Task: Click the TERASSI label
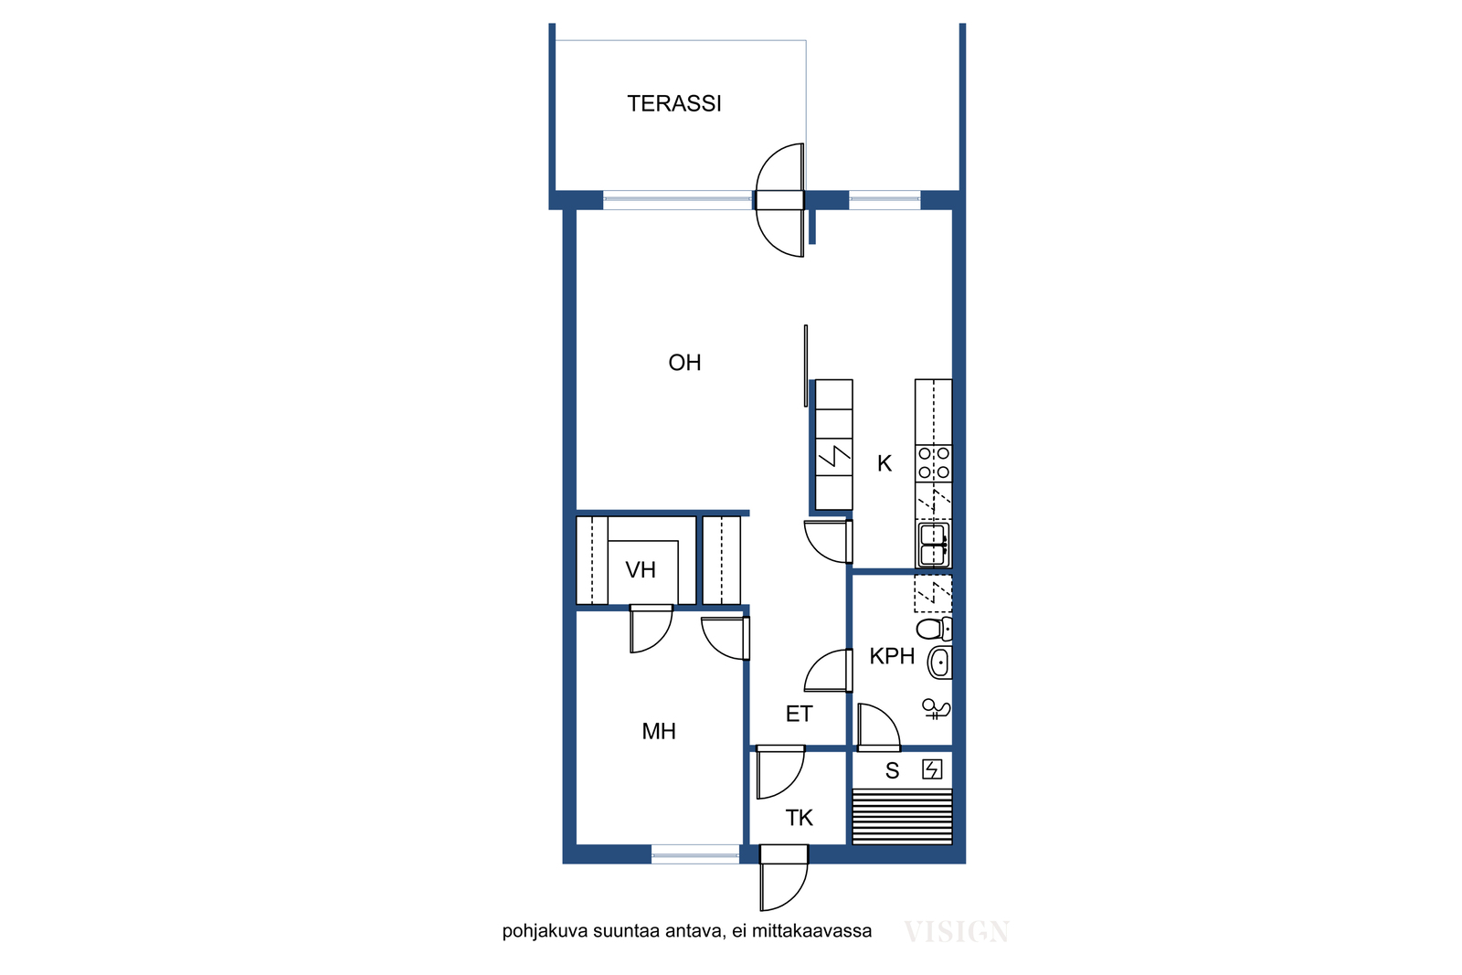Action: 674,104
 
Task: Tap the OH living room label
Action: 684,363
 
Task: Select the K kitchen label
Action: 885,464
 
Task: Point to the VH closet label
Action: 641,570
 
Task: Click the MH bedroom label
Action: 659,732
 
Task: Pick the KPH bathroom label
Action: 892,656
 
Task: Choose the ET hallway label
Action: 799,715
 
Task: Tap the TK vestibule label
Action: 799,818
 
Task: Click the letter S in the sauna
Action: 892,771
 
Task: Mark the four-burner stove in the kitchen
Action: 933,462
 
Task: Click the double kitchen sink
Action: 933,545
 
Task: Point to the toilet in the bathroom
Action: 934,629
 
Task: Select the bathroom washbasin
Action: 940,663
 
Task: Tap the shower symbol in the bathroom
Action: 936,709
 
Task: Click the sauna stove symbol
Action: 932,770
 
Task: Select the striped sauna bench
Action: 902,816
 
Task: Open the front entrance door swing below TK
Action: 784,878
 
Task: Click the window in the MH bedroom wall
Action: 695,854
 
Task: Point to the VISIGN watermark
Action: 957,932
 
